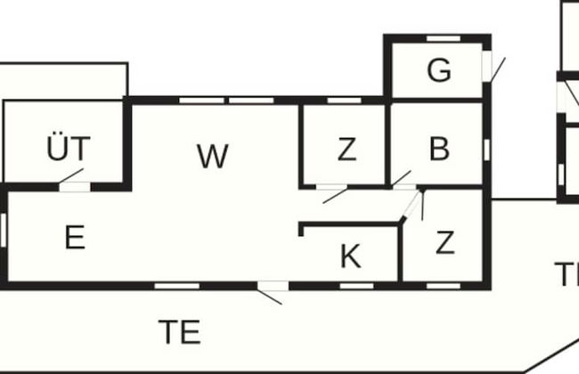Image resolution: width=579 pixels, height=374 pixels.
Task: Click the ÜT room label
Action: point(69,149)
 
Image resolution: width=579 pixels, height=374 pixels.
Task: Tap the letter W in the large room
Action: point(212,157)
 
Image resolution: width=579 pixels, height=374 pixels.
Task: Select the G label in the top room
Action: point(438,71)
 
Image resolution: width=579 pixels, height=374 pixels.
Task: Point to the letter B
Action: point(438,150)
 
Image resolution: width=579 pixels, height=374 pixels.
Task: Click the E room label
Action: point(75,238)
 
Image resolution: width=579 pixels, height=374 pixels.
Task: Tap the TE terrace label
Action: point(179,332)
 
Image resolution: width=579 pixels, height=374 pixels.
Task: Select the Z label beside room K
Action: point(444,242)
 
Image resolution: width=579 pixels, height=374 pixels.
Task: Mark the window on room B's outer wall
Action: point(486,148)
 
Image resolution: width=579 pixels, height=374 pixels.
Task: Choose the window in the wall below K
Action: point(356,286)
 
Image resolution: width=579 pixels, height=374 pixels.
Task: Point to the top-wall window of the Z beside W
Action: point(344,101)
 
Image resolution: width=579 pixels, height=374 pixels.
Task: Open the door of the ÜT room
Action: point(73,185)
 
